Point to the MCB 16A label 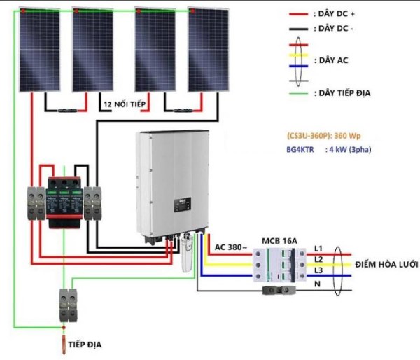point(279,241)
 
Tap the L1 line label point(318,249)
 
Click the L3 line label point(318,270)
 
